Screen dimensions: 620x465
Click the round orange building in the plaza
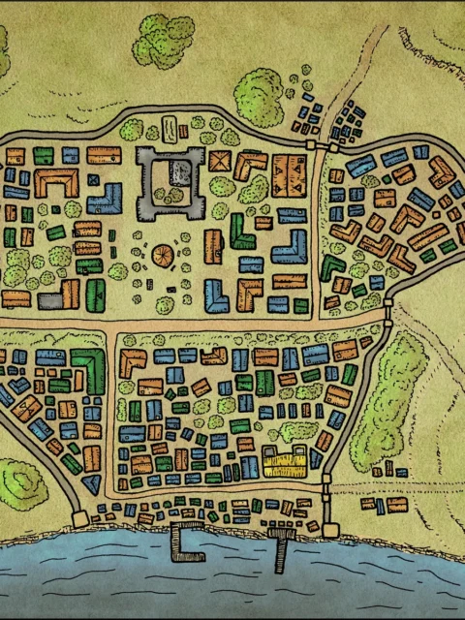click(164, 256)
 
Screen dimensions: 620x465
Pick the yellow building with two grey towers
click(285, 464)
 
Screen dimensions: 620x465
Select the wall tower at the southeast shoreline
click(330, 530)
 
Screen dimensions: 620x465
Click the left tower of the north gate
click(311, 144)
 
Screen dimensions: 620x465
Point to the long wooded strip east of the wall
click(387, 397)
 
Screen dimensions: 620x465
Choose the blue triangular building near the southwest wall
click(91, 485)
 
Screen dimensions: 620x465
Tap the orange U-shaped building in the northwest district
click(56, 181)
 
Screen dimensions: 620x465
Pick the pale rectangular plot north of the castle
click(170, 129)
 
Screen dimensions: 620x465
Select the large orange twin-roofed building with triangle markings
click(288, 174)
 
